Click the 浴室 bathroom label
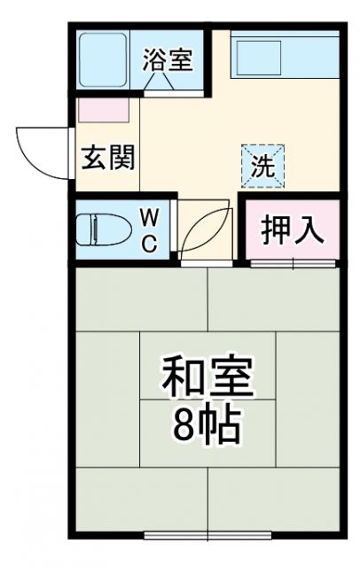(x=168, y=60)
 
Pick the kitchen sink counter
(x=284, y=58)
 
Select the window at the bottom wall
(x=207, y=535)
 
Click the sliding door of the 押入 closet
(x=293, y=262)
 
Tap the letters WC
(x=150, y=229)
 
